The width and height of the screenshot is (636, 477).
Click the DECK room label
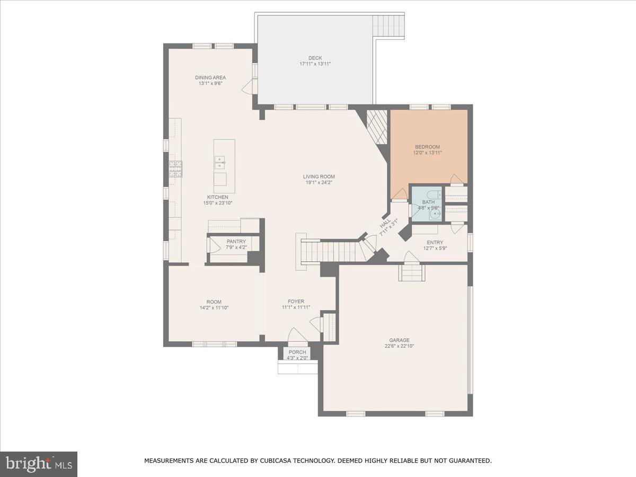315,58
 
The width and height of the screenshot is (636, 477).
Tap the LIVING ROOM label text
319,176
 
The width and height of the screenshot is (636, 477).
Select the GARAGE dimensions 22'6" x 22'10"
399,346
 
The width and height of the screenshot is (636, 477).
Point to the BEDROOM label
427,147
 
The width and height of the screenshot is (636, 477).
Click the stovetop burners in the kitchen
175,169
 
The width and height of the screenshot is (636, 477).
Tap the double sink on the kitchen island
219,162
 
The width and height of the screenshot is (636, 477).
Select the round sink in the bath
434,214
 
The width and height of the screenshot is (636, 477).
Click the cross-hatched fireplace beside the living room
377,127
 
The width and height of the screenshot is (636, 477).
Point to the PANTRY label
236,241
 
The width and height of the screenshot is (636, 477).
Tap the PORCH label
297,352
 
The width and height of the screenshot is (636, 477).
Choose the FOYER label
296,302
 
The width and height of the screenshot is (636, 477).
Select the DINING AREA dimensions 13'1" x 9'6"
210,83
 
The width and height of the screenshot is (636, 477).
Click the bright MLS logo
39,464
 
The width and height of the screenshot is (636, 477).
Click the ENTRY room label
435,242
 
